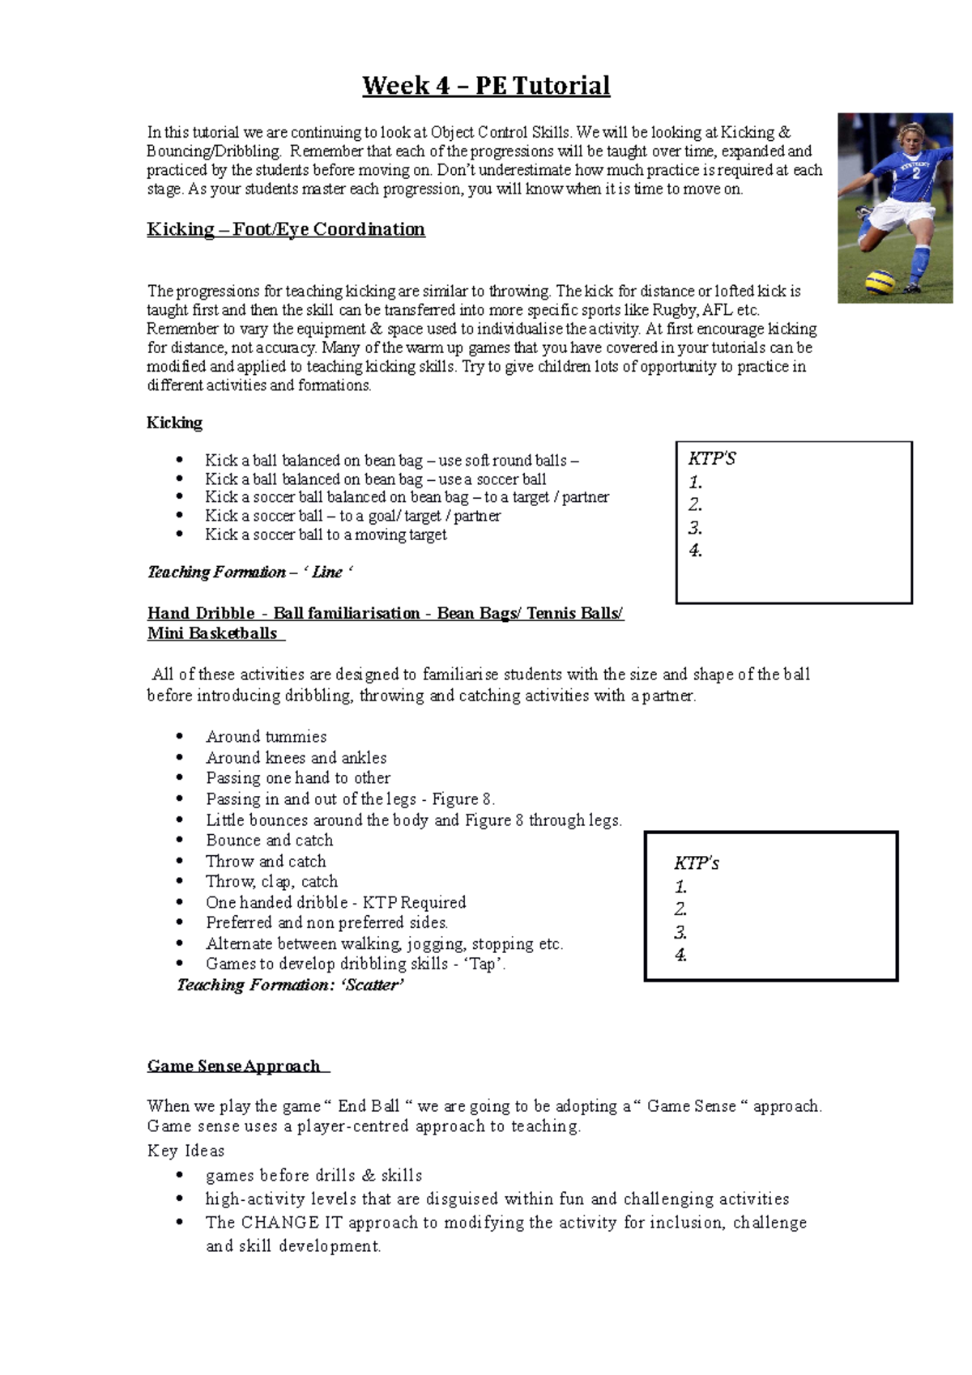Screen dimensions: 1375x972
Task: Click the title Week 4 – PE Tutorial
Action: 486,86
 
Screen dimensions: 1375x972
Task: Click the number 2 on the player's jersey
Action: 916,172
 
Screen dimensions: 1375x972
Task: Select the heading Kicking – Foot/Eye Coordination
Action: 286,229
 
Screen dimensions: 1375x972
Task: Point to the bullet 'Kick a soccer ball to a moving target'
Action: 326,534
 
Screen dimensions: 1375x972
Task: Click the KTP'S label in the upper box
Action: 712,459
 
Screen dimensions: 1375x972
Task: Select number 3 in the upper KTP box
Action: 695,528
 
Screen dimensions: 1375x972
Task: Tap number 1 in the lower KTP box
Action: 680,887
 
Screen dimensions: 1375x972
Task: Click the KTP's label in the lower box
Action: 696,863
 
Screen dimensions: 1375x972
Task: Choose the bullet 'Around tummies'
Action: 266,737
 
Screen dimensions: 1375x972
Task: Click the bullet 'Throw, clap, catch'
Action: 271,882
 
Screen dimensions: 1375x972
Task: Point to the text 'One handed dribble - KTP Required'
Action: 335,903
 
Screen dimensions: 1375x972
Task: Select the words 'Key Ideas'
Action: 185,1151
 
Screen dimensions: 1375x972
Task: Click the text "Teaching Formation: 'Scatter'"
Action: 290,985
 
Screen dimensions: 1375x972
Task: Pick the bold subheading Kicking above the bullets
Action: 174,423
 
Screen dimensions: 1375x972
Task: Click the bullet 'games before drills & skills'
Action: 313,1176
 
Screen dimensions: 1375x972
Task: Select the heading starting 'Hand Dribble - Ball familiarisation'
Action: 385,613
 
